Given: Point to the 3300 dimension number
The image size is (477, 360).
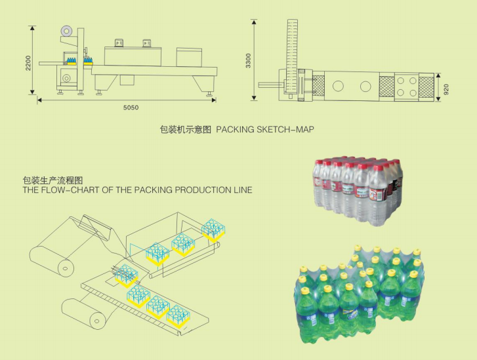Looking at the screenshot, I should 248,61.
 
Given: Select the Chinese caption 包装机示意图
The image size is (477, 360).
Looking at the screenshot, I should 186,130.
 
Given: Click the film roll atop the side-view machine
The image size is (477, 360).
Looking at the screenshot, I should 66,30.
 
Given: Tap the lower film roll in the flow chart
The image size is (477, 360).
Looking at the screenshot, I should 98,320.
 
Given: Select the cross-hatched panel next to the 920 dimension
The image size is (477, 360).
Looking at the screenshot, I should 428,87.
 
